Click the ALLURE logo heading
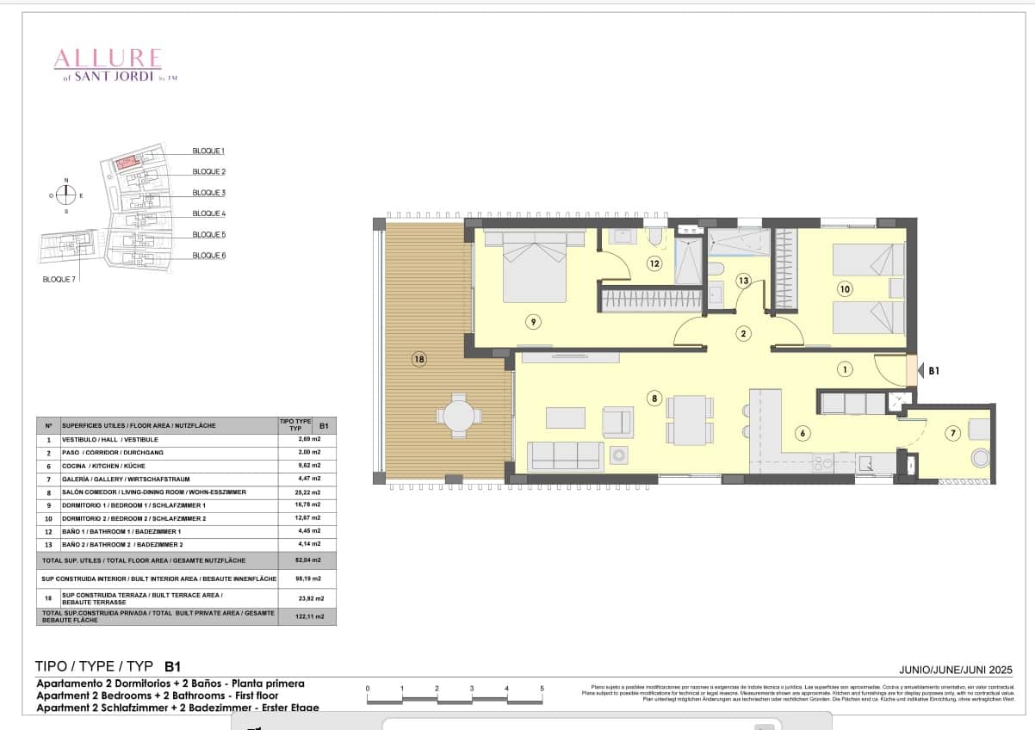click(x=108, y=59)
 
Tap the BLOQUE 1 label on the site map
click(x=208, y=151)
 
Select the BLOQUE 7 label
click(x=59, y=279)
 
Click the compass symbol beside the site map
click(x=66, y=195)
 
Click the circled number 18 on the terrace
click(x=419, y=359)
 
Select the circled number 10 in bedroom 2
click(x=845, y=289)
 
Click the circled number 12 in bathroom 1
click(x=654, y=263)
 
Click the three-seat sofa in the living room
click(x=565, y=455)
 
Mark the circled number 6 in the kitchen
click(x=803, y=433)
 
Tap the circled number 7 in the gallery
click(x=952, y=433)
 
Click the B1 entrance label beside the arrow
click(x=934, y=371)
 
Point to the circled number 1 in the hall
click(x=845, y=369)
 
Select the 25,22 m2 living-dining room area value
click(x=309, y=492)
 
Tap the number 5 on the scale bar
click(x=542, y=689)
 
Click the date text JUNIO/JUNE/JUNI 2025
click(x=955, y=670)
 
